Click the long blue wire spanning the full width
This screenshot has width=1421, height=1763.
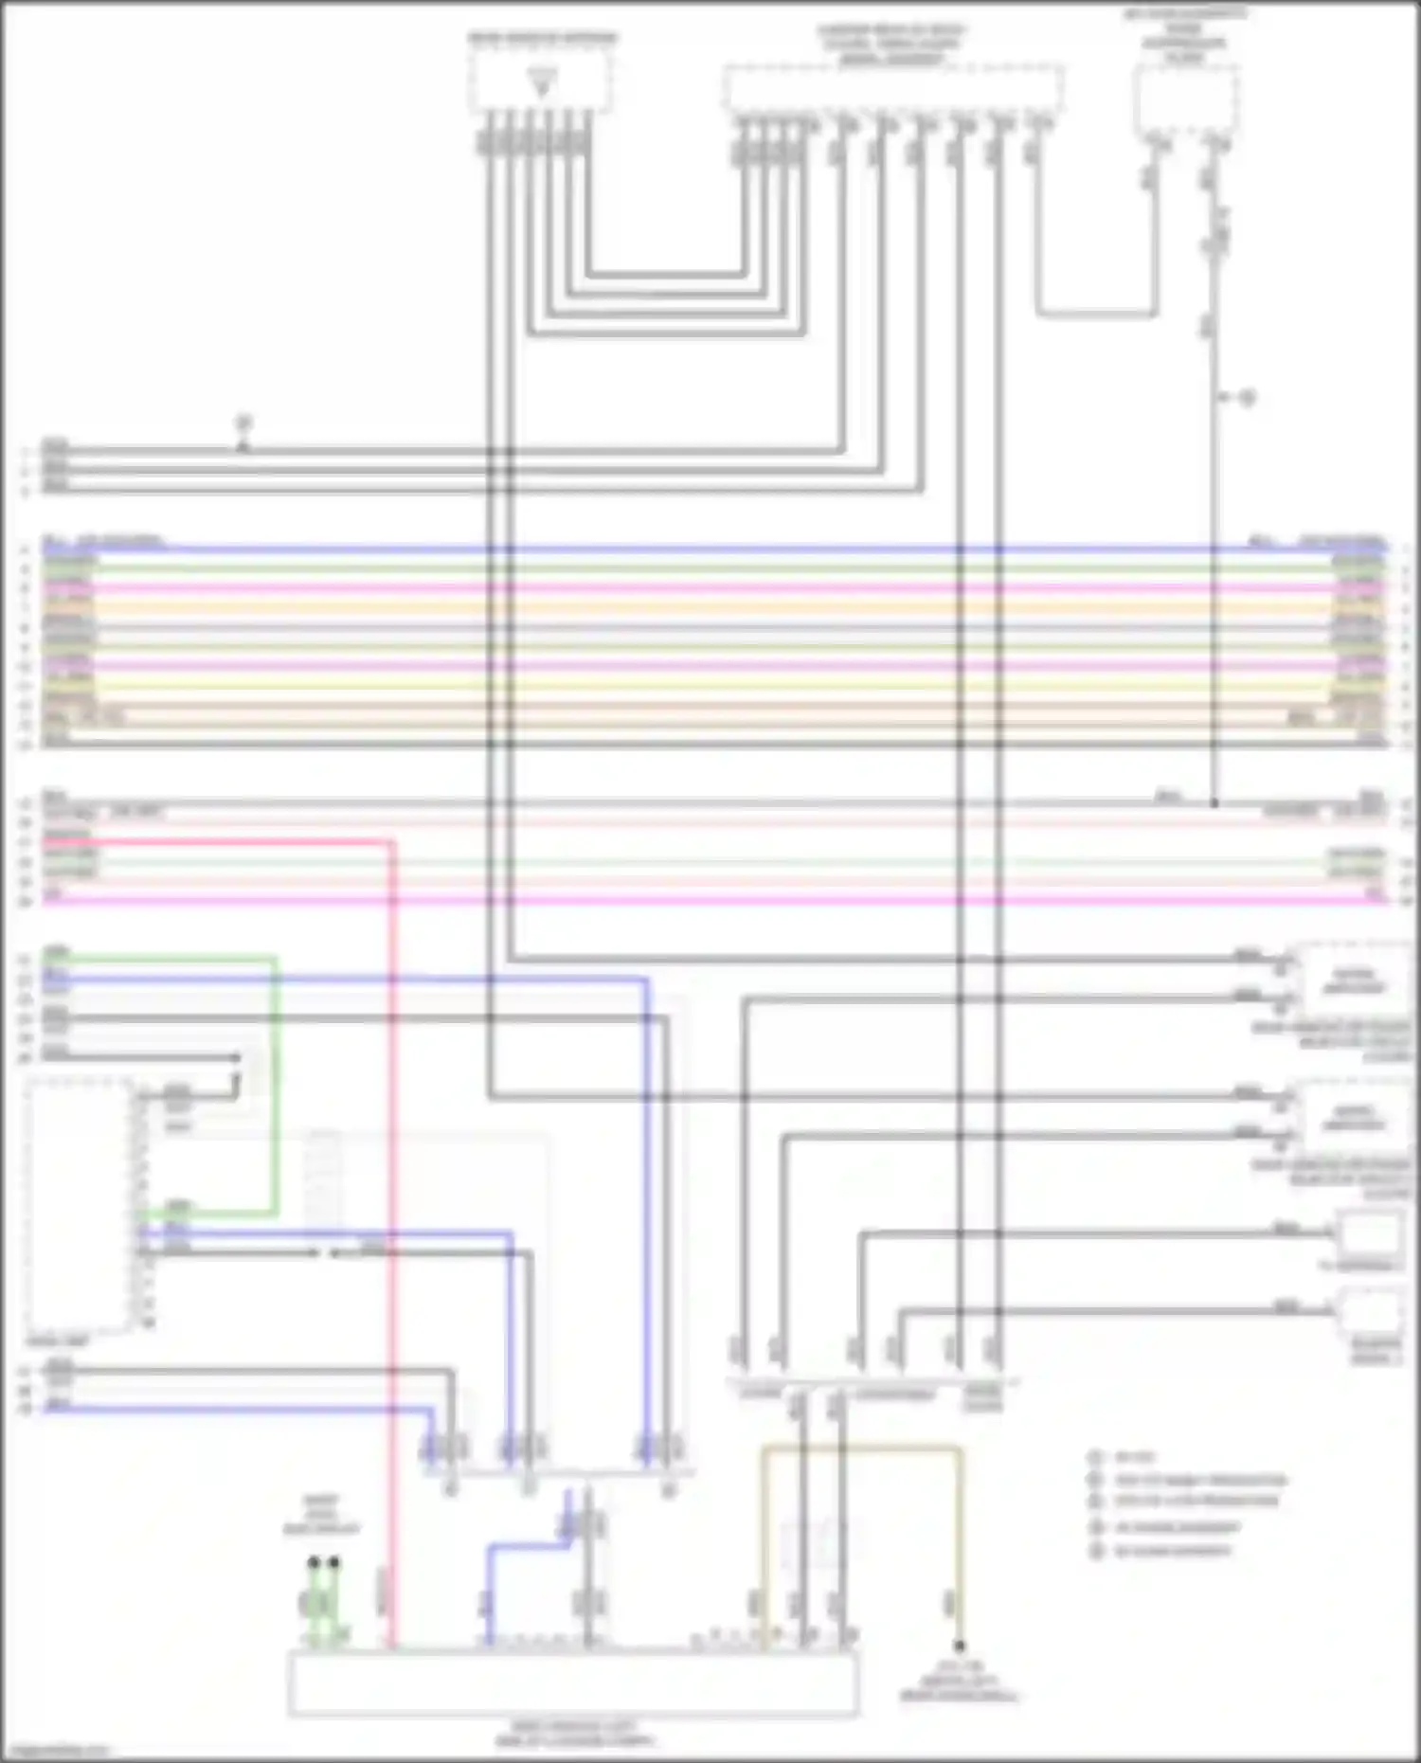720,549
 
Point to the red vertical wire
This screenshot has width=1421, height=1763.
391,1232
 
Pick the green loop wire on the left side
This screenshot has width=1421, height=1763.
276,1089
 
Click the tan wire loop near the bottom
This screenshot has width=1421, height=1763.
862,1448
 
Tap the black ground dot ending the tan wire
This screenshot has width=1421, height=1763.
959,1646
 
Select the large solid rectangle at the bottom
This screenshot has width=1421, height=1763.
573,1682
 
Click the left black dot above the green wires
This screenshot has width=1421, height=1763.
314,1562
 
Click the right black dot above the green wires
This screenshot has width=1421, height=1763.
333,1562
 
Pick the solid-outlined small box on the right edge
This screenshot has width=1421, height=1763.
1369,1234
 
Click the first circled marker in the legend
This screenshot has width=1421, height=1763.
1096,1457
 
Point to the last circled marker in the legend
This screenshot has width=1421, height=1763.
1097,1551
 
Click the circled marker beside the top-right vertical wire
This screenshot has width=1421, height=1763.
1248,398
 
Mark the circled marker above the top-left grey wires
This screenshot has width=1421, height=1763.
243,422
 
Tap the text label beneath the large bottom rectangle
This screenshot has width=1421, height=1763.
574,1734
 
